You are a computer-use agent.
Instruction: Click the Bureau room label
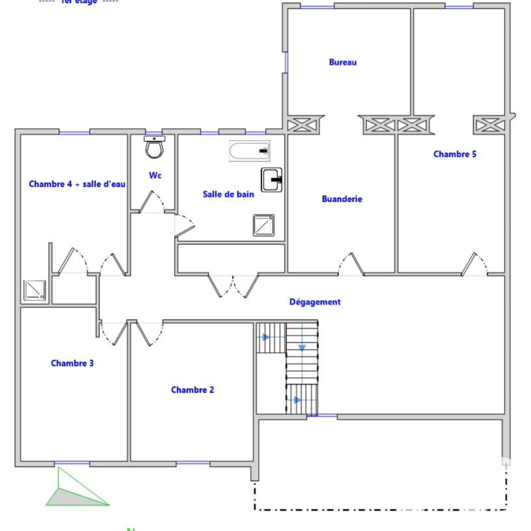pos(342,62)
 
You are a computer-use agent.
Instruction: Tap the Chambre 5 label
pos(455,155)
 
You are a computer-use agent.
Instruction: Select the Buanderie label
pos(342,199)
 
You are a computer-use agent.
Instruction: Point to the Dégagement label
pos(315,302)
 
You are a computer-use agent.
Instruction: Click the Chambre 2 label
pos(192,390)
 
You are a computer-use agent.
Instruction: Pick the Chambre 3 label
pos(72,363)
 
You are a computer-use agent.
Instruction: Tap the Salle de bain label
pos(228,194)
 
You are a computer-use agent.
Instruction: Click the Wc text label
pos(155,175)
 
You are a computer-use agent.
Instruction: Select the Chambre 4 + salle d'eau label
pos(77,184)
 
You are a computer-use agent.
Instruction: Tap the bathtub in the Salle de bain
pos(250,151)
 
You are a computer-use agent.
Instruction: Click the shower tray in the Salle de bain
pos(263,225)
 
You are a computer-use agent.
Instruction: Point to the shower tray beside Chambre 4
pos(36,290)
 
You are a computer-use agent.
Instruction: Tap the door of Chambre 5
pos(474,264)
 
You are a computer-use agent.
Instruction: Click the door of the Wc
pos(152,202)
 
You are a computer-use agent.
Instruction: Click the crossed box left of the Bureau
pos(303,125)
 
